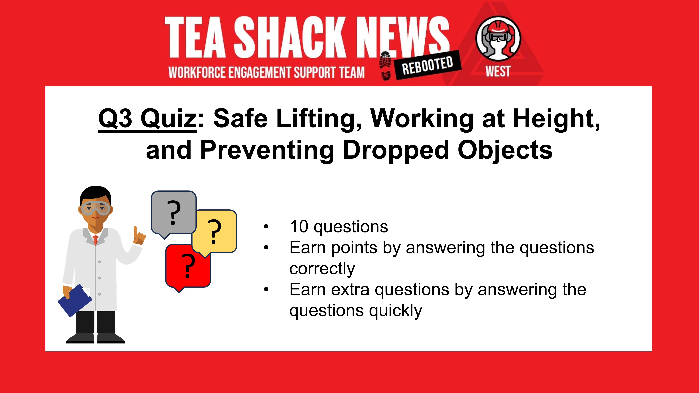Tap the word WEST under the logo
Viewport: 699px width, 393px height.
[498, 71]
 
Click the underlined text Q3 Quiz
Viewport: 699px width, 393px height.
[147, 118]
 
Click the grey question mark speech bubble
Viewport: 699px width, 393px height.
[173, 212]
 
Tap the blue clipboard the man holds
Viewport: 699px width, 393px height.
[75, 300]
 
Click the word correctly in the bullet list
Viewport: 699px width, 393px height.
[322, 269]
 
